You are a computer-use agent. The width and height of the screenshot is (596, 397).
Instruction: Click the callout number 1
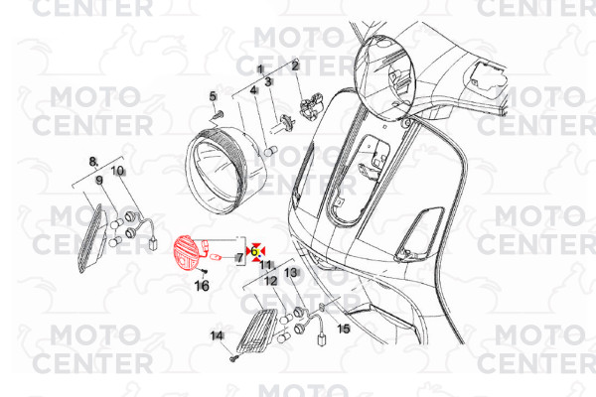(x=260, y=69)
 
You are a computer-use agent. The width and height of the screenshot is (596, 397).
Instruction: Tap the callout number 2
(x=295, y=66)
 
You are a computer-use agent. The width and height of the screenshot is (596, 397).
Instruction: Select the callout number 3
(x=268, y=81)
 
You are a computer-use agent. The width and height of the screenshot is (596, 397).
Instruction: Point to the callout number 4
(x=253, y=90)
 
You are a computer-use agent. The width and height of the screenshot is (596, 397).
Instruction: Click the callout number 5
(x=213, y=96)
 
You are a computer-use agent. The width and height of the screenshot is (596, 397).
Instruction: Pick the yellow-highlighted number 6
(x=254, y=251)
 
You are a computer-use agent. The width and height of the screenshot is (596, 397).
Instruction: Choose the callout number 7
(x=239, y=258)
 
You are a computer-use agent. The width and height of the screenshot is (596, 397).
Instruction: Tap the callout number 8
(x=93, y=162)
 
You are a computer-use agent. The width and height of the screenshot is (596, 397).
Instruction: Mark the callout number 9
(x=99, y=180)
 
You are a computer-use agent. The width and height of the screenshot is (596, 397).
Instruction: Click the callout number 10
(x=118, y=171)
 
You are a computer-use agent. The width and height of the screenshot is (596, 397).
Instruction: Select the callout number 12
(x=271, y=282)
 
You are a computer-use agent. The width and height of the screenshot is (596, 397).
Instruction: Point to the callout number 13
(x=290, y=272)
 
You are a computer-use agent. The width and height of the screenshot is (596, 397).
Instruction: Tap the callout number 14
(x=217, y=335)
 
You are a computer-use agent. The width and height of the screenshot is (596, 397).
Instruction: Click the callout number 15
(x=344, y=329)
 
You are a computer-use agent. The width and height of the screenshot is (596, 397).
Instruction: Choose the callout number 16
(x=202, y=286)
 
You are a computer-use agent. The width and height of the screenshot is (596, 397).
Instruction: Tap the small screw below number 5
(x=219, y=113)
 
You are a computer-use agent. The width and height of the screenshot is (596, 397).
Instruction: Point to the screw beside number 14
(x=233, y=358)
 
